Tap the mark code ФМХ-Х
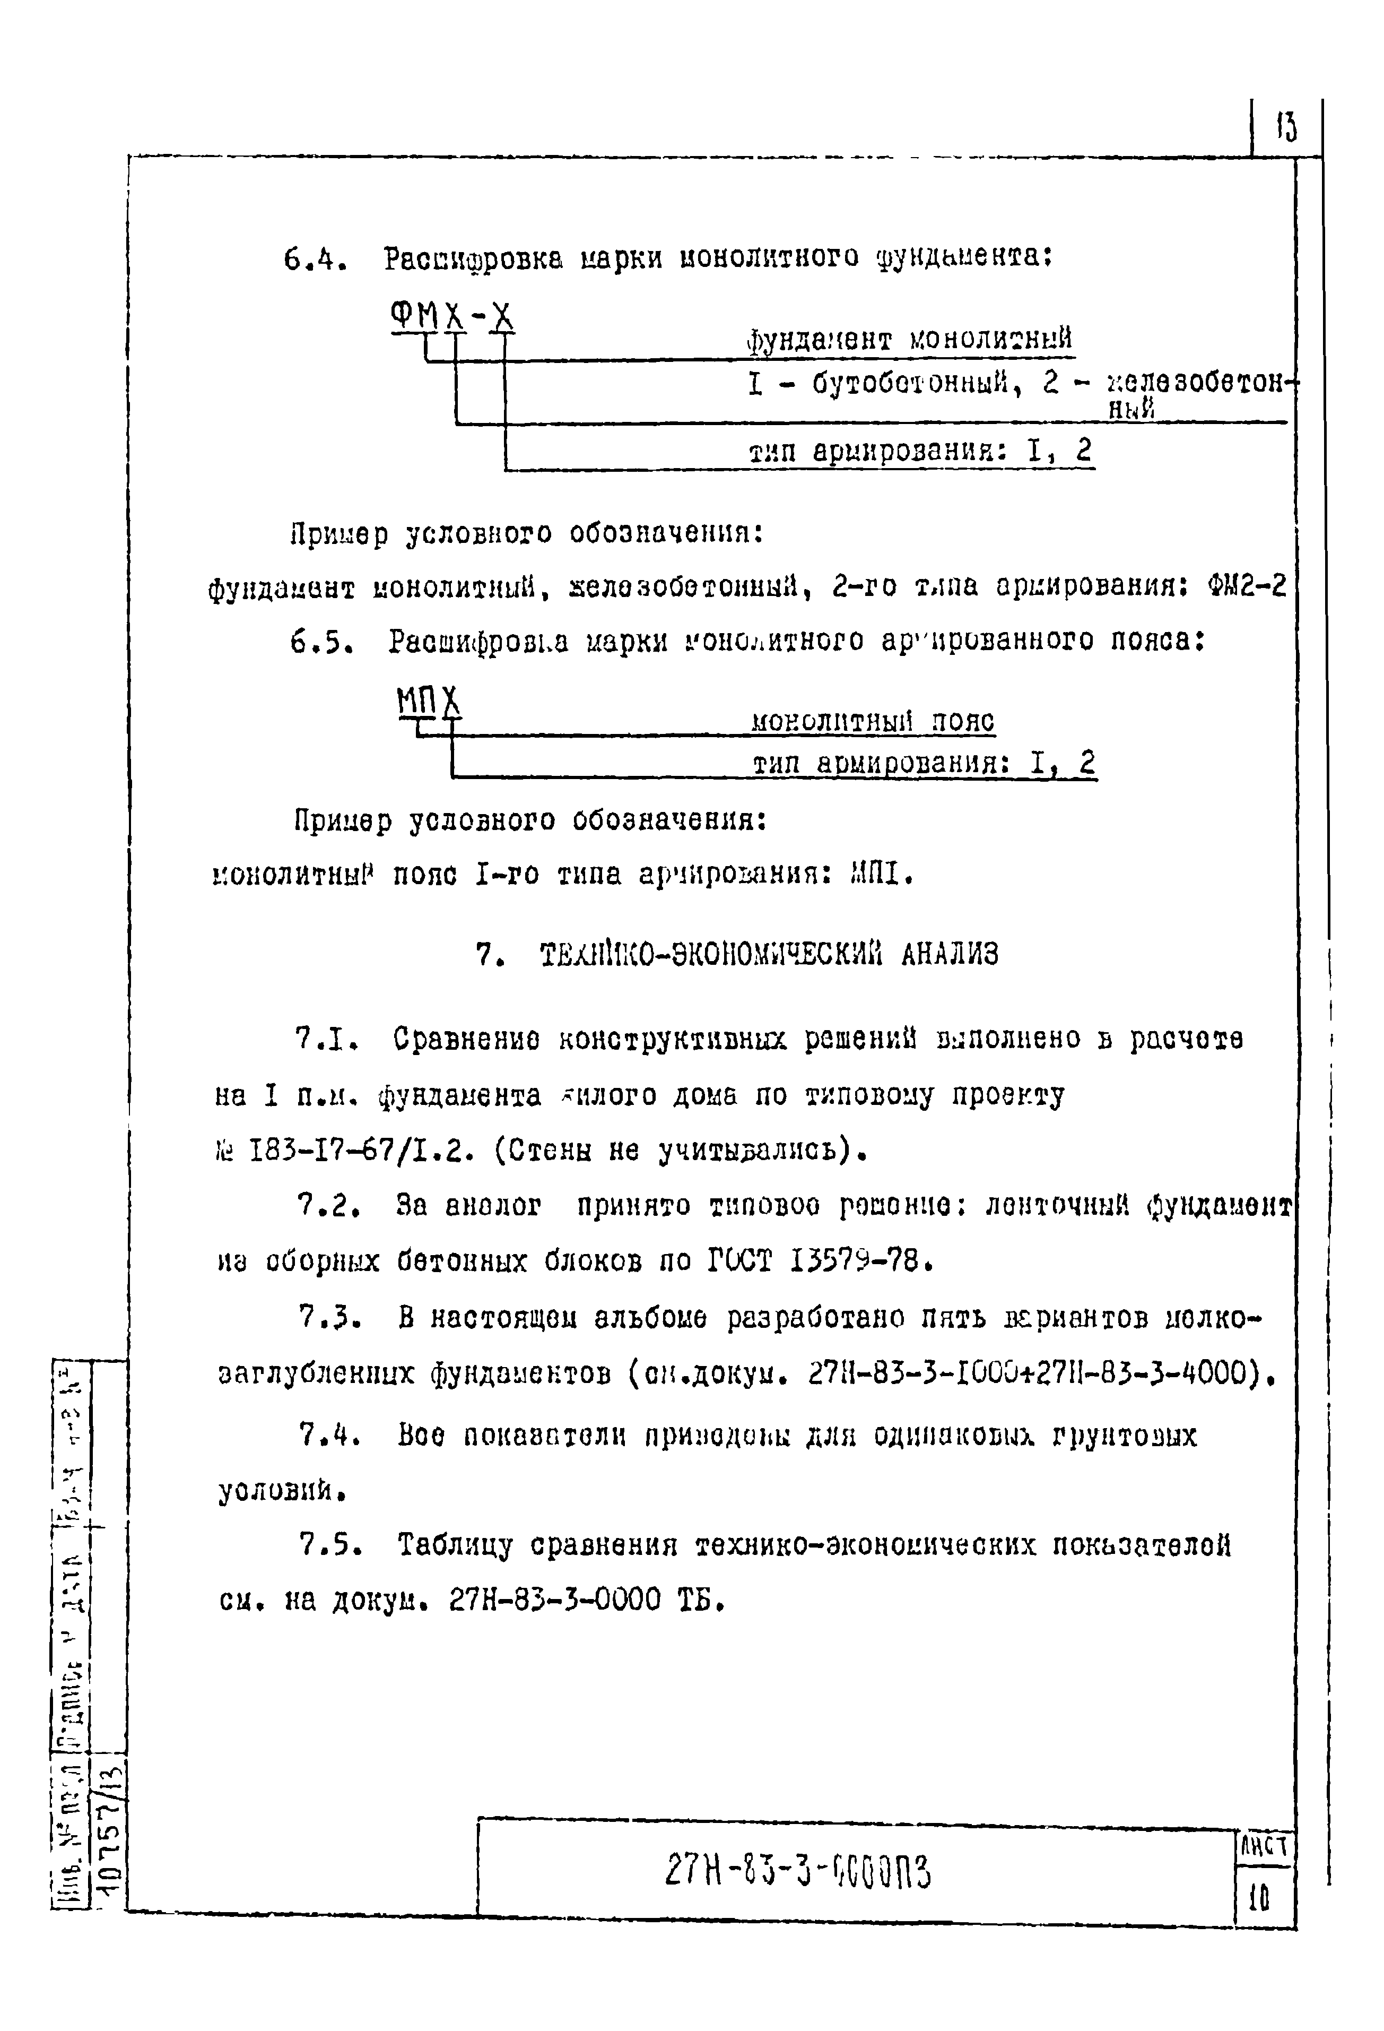tap(452, 315)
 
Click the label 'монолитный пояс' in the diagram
tap(873, 722)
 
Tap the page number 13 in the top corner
tap(1286, 128)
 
